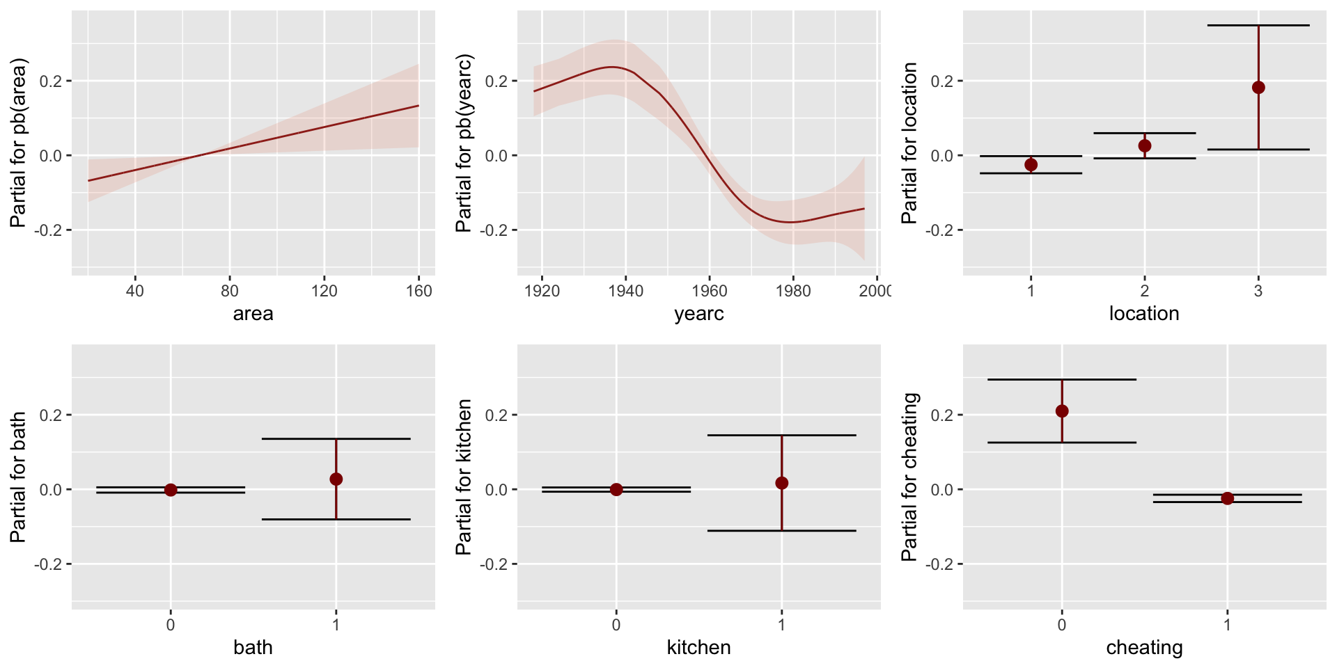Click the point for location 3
pos(1258,88)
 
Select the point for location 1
pos(1031,165)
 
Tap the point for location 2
pos(1144,146)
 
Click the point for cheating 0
pos(1061,411)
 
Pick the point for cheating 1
pos(1227,498)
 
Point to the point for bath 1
pos(336,479)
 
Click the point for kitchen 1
pos(782,483)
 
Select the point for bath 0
pos(171,490)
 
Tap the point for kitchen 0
pos(616,490)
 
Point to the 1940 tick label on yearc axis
pos(625,291)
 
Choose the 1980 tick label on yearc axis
pos(792,291)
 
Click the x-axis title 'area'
pos(253,314)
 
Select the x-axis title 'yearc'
pos(698,314)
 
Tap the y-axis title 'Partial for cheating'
pos(909,477)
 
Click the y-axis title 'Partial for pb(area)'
pos(19,143)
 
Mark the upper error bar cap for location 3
pos(1258,25)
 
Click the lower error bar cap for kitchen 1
pos(782,531)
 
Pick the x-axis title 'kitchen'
pos(698,648)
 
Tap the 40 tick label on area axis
pos(135,291)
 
